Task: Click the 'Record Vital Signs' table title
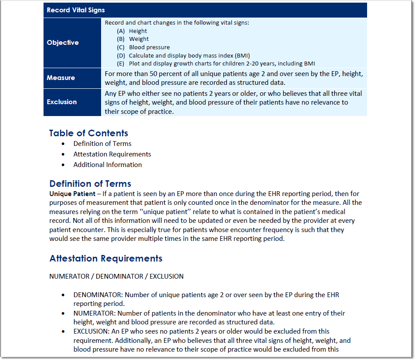76,10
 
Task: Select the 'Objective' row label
63,43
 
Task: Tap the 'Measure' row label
61,78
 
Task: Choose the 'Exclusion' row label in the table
62,102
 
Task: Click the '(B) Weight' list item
133,39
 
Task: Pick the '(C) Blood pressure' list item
143,47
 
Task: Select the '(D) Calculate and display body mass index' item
183,55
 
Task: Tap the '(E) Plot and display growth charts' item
216,63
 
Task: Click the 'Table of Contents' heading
88,133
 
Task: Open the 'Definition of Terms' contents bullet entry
102,144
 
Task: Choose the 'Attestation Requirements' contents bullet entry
112,154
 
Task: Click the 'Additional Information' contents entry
107,165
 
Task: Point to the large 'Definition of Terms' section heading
90,184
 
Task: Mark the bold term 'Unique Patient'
72,193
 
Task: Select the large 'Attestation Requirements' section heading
106,258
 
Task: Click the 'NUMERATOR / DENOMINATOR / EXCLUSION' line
116,276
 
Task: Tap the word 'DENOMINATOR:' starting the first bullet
95,295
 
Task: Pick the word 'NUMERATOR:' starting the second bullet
91,313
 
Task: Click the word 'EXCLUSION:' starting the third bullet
90,331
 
